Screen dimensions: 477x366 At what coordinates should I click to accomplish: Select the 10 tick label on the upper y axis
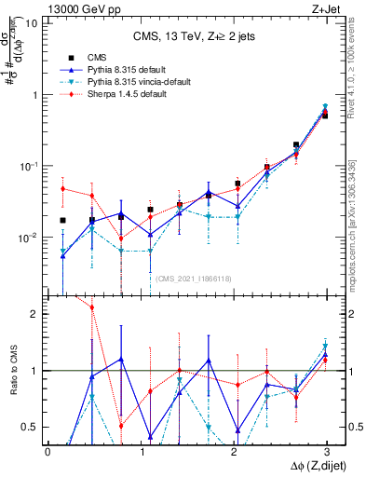point(32,23)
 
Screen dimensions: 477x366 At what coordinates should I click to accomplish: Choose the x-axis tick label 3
point(326,452)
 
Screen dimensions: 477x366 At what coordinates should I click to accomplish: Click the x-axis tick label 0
point(47,452)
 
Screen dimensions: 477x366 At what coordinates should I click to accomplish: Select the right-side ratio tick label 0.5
point(354,427)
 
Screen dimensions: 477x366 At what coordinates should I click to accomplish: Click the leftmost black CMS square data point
point(62,221)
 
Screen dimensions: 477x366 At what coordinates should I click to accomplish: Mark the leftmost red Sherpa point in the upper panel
point(62,189)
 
